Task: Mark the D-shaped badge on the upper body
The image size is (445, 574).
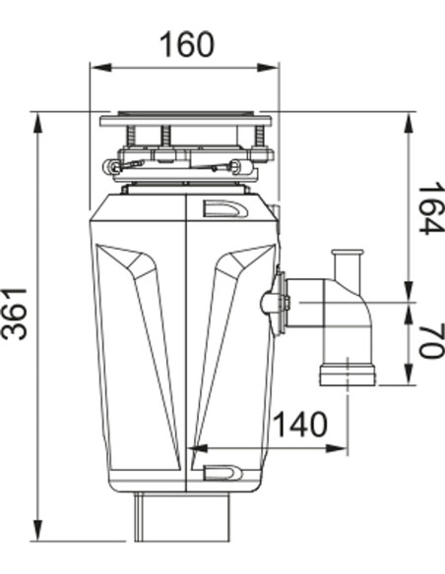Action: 223,208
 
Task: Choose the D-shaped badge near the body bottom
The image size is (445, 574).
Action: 223,473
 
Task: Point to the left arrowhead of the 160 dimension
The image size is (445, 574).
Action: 95,68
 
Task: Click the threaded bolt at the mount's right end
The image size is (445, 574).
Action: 259,137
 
